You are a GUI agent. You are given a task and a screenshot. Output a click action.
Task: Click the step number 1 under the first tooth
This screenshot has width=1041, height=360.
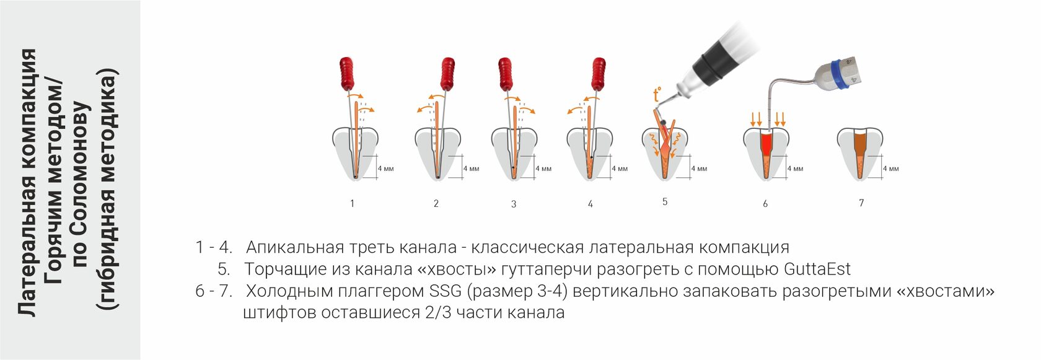pos(352,203)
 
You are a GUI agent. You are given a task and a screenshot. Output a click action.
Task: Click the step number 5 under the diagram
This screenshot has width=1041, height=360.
pos(665,201)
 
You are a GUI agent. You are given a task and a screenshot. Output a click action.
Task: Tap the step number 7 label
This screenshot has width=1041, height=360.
pos(861,203)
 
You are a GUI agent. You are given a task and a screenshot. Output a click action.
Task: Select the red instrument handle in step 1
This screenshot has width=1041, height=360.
pos(348,73)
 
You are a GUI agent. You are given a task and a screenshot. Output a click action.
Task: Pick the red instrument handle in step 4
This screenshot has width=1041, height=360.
pos(598,73)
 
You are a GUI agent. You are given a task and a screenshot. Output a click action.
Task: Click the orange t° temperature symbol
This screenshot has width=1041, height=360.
pos(657,95)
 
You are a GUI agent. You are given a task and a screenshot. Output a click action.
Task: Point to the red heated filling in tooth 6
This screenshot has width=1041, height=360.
pos(766,144)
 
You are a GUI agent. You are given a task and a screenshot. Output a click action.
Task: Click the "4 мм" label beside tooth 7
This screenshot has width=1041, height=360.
pos(890,169)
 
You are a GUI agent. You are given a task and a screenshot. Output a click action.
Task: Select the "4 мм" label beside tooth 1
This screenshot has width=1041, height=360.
pos(385,169)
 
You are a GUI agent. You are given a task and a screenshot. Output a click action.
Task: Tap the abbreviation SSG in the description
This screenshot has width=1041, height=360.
pos(445,291)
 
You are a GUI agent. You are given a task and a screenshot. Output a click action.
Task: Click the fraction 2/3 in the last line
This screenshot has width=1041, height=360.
pos(439,312)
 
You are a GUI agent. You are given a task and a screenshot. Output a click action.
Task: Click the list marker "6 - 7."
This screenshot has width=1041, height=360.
pos(214,291)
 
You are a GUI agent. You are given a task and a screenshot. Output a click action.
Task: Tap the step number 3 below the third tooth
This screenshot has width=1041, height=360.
pos(514,204)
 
